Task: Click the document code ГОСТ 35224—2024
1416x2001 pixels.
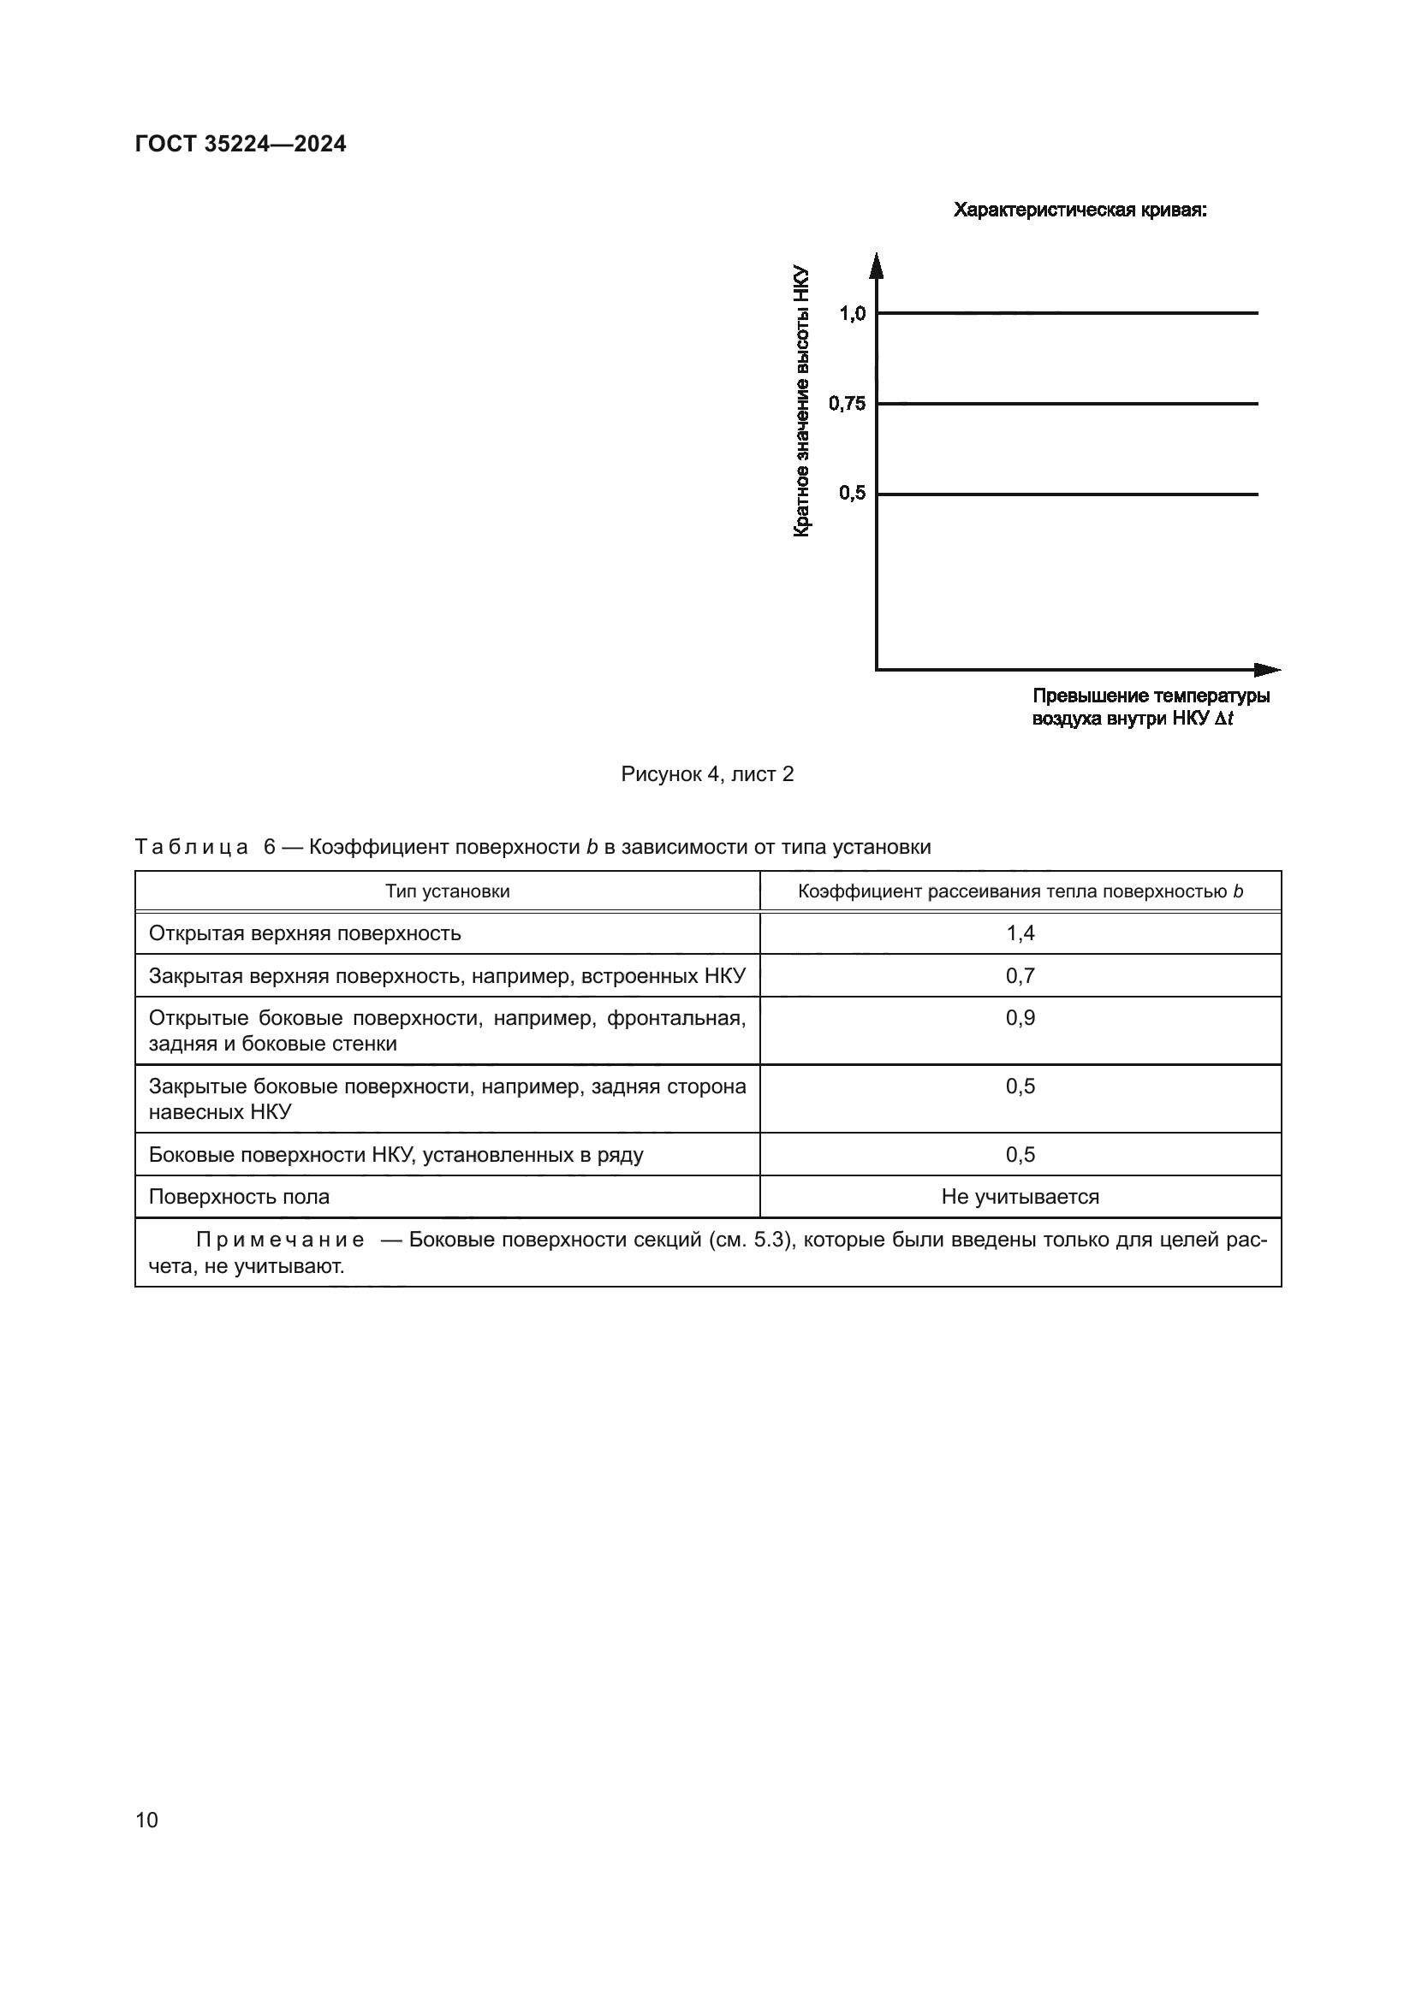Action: pyautogui.click(x=241, y=144)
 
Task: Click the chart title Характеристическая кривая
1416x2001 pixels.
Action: pyautogui.click(x=1080, y=210)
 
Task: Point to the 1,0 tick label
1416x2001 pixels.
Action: pyautogui.click(x=852, y=314)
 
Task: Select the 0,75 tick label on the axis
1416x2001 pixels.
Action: pyautogui.click(x=847, y=404)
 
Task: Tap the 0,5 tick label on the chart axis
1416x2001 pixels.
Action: pyautogui.click(x=852, y=494)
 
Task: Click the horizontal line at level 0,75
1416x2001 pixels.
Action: pyautogui.click(x=1068, y=404)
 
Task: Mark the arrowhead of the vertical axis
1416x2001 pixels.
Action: pyautogui.click(x=878, y=264)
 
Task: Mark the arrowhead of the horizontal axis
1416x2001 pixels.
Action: pyautogui.click(x=1269, y=669)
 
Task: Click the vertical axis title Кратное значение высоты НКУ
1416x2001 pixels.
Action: pyautogui.click(x=801, y=401)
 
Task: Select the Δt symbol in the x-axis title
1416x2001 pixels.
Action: pyautogui.click(x=1224, y=719)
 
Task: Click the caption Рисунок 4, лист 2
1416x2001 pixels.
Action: pyautogui.click(x=707, y=774)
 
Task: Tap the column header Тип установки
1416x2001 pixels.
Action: pyautogui.click(x=447, y=891)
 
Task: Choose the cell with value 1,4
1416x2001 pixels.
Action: pyautogui.click(x=1020, y=933)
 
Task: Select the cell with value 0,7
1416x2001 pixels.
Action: pyautogui.click(x=1020, y=976)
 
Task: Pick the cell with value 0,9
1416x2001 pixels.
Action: pyautogui.click(x=1020, y=1018)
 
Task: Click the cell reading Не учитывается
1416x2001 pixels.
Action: pyautogui.click(x=1020, y=1197)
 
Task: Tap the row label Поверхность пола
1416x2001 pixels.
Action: pyautogui.click(x=239, y=1197)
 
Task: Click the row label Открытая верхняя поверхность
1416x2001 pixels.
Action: pyautogui.click(x=304, y=933)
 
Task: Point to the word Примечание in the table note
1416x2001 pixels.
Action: pyautogui.click(x=280, y=1240)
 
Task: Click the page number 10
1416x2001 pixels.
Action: pyautogui.click(x=146, y=1820)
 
